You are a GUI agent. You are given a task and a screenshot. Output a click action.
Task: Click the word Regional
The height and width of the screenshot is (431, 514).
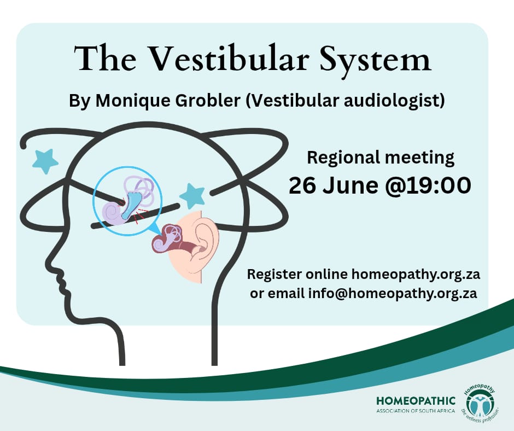click(x=343, y=158)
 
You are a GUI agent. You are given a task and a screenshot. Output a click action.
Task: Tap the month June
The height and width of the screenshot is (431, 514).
click(x=351, y=185)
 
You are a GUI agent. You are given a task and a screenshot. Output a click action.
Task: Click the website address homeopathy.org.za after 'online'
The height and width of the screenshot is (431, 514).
click(x=416, y=274)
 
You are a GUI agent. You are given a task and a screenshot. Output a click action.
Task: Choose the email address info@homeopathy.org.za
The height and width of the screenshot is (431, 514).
click(x=393, y=293)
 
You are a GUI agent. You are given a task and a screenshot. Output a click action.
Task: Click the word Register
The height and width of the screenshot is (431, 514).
click(x=274, y=274)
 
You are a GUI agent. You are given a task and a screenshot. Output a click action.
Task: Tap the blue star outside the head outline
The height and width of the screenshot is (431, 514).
click(x=45, y=160)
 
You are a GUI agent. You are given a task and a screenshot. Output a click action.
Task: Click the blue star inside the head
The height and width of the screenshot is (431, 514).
click(x=192, y=196)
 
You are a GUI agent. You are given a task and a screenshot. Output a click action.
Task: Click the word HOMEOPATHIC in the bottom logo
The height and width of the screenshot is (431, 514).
click(x=416, y=401)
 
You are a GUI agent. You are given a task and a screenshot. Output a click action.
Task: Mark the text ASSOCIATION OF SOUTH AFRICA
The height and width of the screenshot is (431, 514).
click(x=416, y=411)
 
